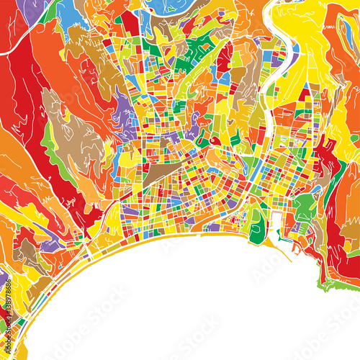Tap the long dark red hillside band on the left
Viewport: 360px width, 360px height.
(x=29, y=108)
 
